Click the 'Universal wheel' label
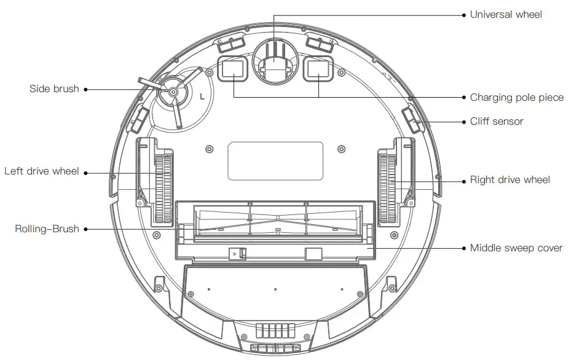coord(505,14)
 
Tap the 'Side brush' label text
coord(54,89)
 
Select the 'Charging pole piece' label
coord(516,97)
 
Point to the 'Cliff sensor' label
coord(497,122)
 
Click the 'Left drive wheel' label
coord(42,171)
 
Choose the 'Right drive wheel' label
coord(509,180)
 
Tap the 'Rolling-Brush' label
coord(47,229)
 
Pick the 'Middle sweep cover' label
coord(516,248)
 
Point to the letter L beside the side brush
coord(203,96)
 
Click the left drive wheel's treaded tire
coord(163,189)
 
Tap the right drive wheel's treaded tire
coord(386,189)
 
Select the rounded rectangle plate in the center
coord(275,161)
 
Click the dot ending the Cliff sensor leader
coord(464,122)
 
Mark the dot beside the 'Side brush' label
coord(85,90)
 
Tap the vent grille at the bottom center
coord(275,331)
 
